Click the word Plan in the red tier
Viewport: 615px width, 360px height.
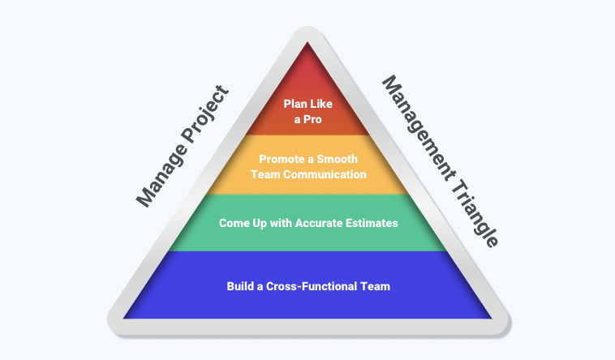[x=295, y=103]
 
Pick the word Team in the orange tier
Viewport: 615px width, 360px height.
[x=266, y=174]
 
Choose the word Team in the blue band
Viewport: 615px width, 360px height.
[x=376, y=285]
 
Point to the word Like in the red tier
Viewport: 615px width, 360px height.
[x=320, y=103]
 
